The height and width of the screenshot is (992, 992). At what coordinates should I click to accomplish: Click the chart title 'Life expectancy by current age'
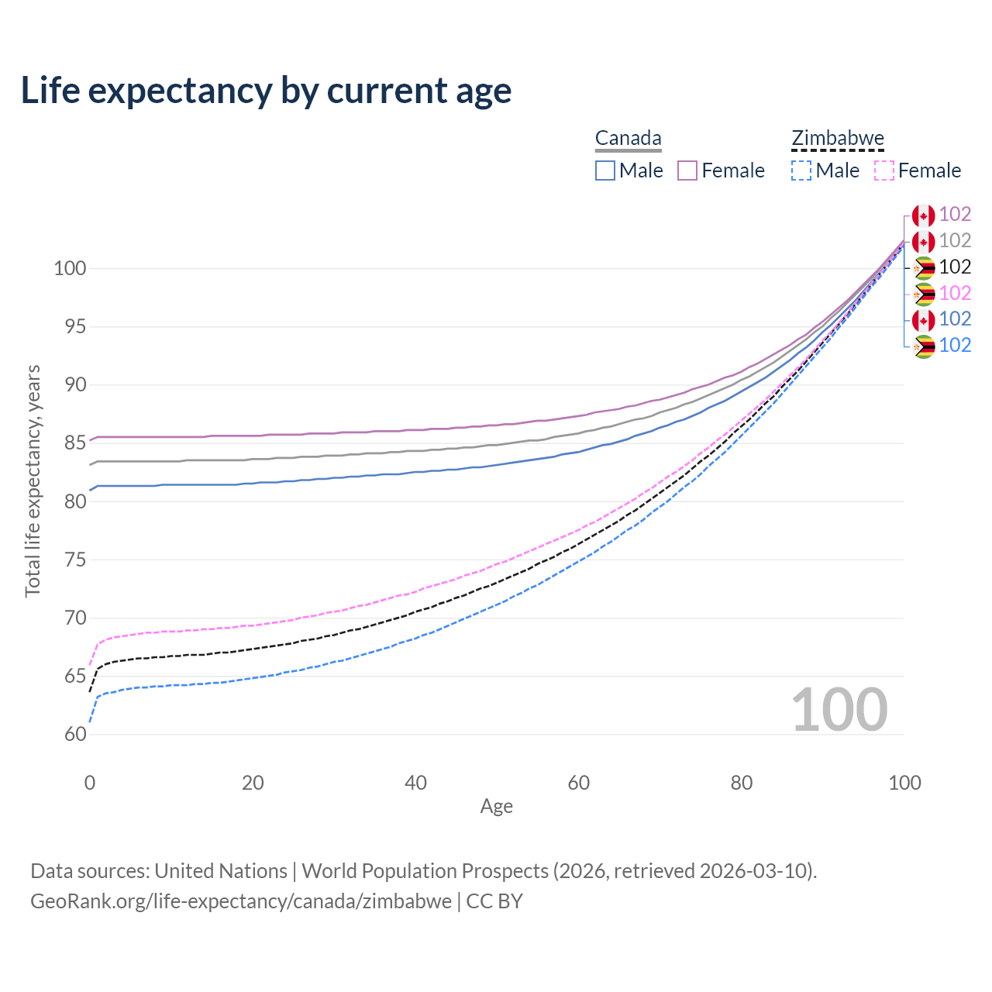[x=266, y=91]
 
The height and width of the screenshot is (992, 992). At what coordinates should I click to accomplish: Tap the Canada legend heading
[x=628, y=139]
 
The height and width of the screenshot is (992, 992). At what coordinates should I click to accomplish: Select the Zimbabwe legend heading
[x=837, y=139]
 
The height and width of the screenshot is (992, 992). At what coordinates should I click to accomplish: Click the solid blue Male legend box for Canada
[x=605, y=170]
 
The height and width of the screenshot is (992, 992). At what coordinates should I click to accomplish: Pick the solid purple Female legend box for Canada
[x=687, y=170]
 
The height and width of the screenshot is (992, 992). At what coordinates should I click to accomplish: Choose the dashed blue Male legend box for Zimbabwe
[x=801, y=170]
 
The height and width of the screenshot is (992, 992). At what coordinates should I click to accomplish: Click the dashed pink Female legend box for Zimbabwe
[x=884, y=170]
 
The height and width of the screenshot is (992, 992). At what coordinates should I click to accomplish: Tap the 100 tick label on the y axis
[x=69, y=269]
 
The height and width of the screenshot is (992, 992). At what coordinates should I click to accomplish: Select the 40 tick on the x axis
[x=415, y=783]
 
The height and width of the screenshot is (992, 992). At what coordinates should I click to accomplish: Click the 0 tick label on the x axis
[x=90, y=783]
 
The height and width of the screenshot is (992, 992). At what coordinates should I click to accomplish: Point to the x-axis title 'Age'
[x=496, y=807]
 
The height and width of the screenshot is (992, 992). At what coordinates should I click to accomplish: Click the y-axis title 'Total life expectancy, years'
[x=33, y=481]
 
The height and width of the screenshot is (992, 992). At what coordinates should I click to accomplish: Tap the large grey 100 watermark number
[x=839, y=710]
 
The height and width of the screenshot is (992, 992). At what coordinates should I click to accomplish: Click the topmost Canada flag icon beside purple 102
[x=923, y=215]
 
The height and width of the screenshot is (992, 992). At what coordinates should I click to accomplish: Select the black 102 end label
[x=955, y=267]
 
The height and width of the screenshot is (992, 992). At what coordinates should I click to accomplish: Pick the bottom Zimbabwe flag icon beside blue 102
[x=923, y=346]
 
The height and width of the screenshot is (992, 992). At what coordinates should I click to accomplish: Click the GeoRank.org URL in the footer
[x=241, y=901]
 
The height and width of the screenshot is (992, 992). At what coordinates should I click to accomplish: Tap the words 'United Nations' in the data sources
[x=221, y=871]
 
